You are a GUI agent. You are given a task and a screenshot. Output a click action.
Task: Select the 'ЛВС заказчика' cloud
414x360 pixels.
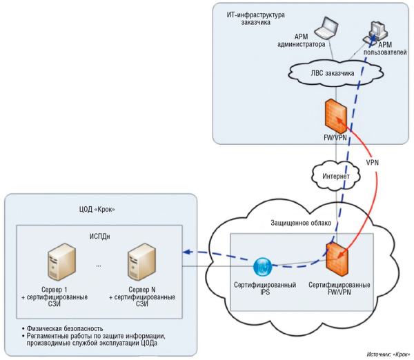331,71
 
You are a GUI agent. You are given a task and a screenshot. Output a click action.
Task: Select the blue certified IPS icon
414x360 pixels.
264,267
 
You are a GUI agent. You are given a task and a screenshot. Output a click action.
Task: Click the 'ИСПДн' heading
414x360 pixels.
100,237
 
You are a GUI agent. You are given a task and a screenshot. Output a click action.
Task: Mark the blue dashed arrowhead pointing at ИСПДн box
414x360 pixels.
186,252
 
